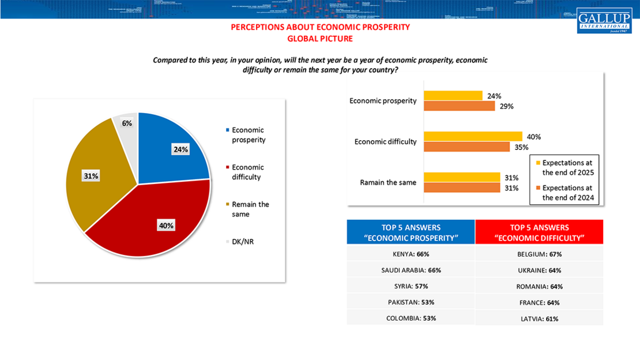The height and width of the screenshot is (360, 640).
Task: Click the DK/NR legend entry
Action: point(242,242)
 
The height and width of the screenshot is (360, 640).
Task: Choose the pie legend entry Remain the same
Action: point(250,209)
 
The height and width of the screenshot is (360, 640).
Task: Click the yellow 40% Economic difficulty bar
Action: point(473,137)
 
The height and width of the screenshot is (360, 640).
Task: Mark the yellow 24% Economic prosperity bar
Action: point(453,96)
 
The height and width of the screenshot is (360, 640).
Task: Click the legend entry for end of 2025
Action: point(567,167)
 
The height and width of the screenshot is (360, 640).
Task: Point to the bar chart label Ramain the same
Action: point(387,182)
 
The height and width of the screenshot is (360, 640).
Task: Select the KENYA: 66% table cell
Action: point(410,254)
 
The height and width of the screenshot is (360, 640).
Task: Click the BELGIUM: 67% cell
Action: point(539,254)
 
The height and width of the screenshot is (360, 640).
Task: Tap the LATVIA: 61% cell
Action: point(539,318)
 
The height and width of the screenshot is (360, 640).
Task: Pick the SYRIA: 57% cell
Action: point(410,286)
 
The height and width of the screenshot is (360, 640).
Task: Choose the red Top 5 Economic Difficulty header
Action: point(539,232)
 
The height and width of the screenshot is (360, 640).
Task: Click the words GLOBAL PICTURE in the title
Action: point(320,39)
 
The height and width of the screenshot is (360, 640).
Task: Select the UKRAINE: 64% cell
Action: point(539,270)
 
